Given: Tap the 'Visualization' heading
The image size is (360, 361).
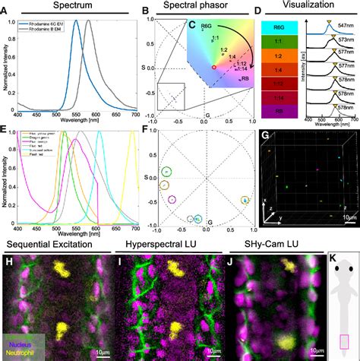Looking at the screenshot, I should pos(309,6).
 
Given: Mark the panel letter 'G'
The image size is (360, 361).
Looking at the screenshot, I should pos(264,135).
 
